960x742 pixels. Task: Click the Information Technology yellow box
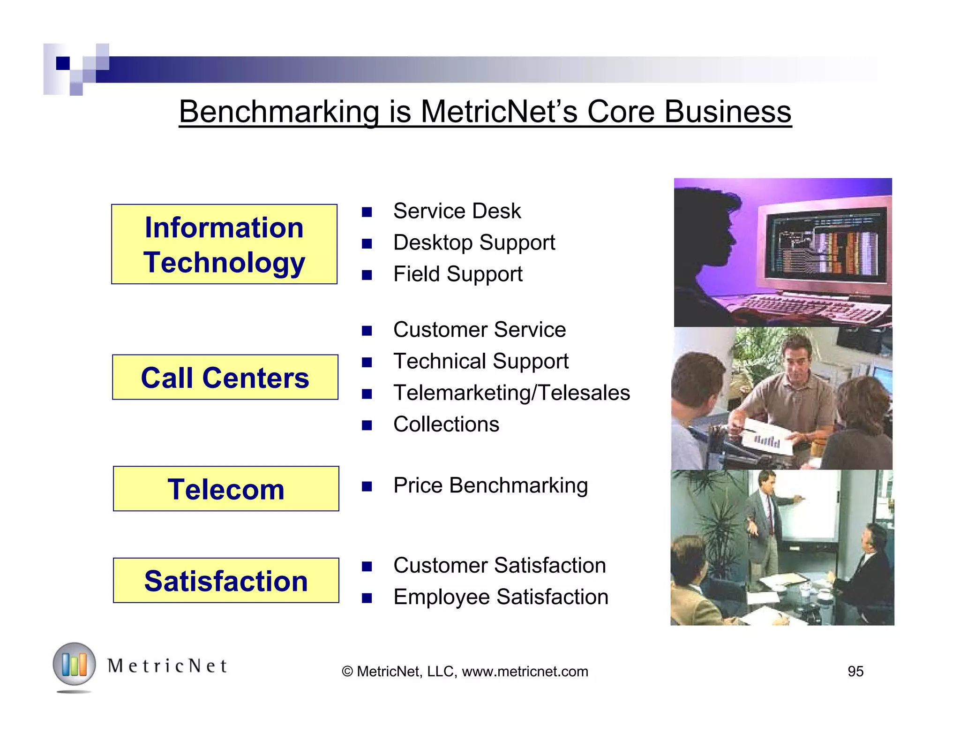tap(224, 244)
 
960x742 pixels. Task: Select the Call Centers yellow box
tap(225, 377)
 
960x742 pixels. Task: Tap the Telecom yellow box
tap(226, 489)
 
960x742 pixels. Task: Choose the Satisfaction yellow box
tap(226, 581)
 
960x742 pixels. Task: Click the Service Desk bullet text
tap(457, 211)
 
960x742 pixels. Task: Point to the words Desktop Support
tap(474, 242)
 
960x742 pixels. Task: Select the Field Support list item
tap(457, 274)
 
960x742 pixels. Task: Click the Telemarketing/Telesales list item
tap(511, 393)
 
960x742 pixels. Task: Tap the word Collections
tap(446, 424)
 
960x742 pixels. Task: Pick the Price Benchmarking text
tap(490, 485)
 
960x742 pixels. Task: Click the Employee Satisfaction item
tap(501, 597)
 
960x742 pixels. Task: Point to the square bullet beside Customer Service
tap(367, 331)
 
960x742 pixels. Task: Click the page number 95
tap(855, 672)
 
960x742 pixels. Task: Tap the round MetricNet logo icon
tap(74, 665)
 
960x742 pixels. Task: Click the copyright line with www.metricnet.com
tap(465, 672)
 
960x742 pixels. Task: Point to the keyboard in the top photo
tap(806, 307)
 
